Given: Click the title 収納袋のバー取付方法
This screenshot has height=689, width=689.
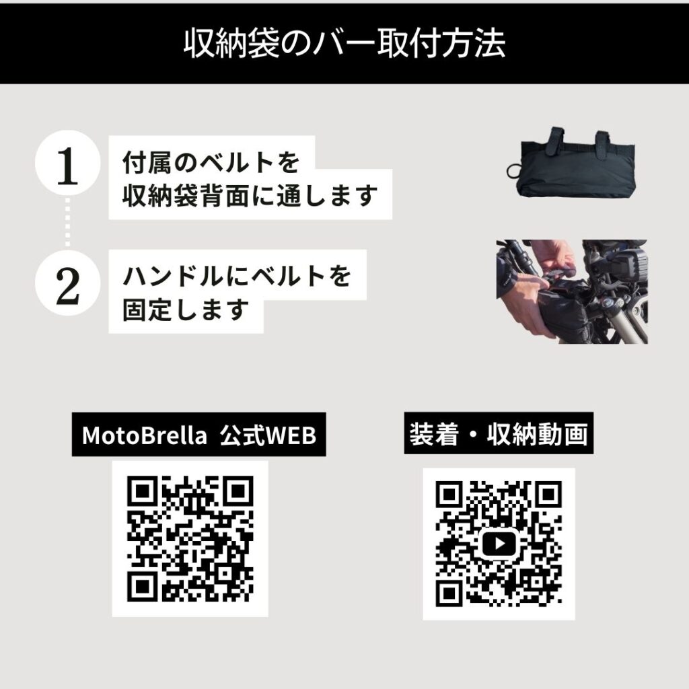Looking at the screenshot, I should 344,44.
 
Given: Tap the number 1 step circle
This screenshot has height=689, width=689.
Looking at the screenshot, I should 67,168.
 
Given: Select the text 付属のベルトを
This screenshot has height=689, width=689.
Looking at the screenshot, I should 210,162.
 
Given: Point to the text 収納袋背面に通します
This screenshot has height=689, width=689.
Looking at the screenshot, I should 249,196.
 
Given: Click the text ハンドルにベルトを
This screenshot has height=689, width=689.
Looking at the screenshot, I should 237,276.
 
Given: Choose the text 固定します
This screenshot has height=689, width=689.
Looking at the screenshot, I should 186,310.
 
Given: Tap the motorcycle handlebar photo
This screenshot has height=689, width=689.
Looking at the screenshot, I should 572,291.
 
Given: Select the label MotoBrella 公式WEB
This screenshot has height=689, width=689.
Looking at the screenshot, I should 198,435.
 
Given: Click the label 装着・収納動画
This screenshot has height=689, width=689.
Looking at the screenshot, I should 499,434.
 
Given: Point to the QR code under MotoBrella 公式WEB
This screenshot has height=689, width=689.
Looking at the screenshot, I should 190,538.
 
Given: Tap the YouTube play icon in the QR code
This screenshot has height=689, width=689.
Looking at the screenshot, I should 499,542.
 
